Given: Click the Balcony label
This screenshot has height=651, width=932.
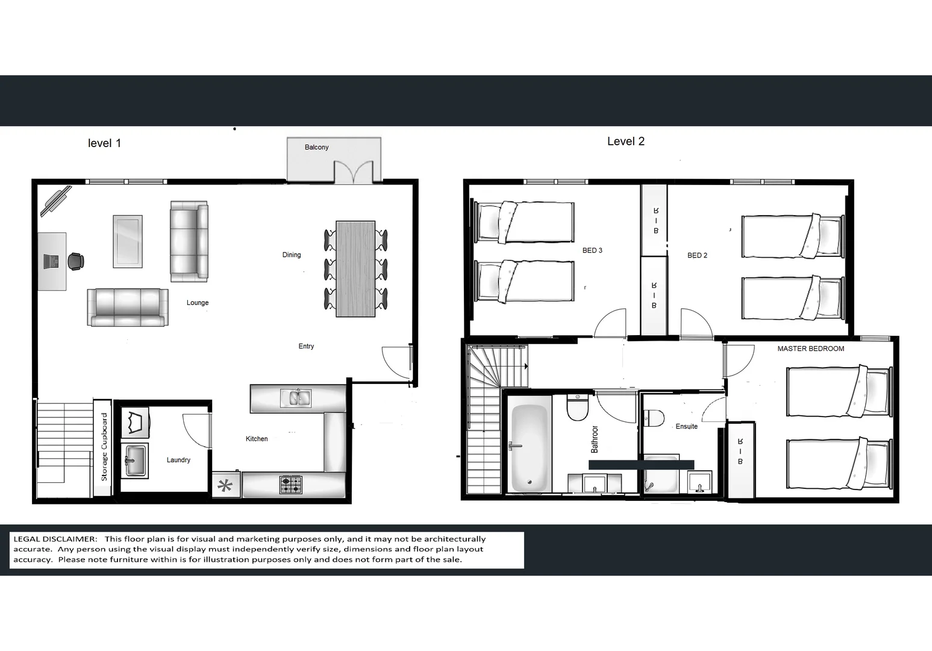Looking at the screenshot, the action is [317, 147].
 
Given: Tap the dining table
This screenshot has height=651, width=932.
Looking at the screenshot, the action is [355, 269].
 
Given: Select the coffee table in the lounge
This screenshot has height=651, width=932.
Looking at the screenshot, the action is [128, 242].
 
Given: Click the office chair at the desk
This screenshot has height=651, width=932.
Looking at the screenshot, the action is [76, 262].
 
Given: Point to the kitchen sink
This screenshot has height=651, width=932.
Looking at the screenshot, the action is [296, 398].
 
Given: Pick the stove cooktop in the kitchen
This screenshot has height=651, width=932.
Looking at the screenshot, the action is [291, 485].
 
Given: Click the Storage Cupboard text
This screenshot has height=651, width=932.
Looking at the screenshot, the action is [104, 447].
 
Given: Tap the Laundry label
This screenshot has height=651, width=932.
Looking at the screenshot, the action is [178, 460].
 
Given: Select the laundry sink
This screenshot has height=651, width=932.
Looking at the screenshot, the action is [135, 461].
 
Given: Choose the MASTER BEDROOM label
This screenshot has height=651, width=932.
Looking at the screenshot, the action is [811, 349].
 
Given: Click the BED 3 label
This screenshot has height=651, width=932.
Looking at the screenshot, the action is [592, 251].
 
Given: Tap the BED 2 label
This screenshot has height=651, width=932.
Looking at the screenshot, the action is [697, 256].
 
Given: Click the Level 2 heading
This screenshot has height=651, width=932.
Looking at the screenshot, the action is [626, 142].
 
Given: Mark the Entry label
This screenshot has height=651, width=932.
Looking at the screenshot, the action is [306, 347].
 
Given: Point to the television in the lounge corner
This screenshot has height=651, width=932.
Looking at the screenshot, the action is [56, 201].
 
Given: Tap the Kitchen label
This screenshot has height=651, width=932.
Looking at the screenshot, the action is [257, 439].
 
